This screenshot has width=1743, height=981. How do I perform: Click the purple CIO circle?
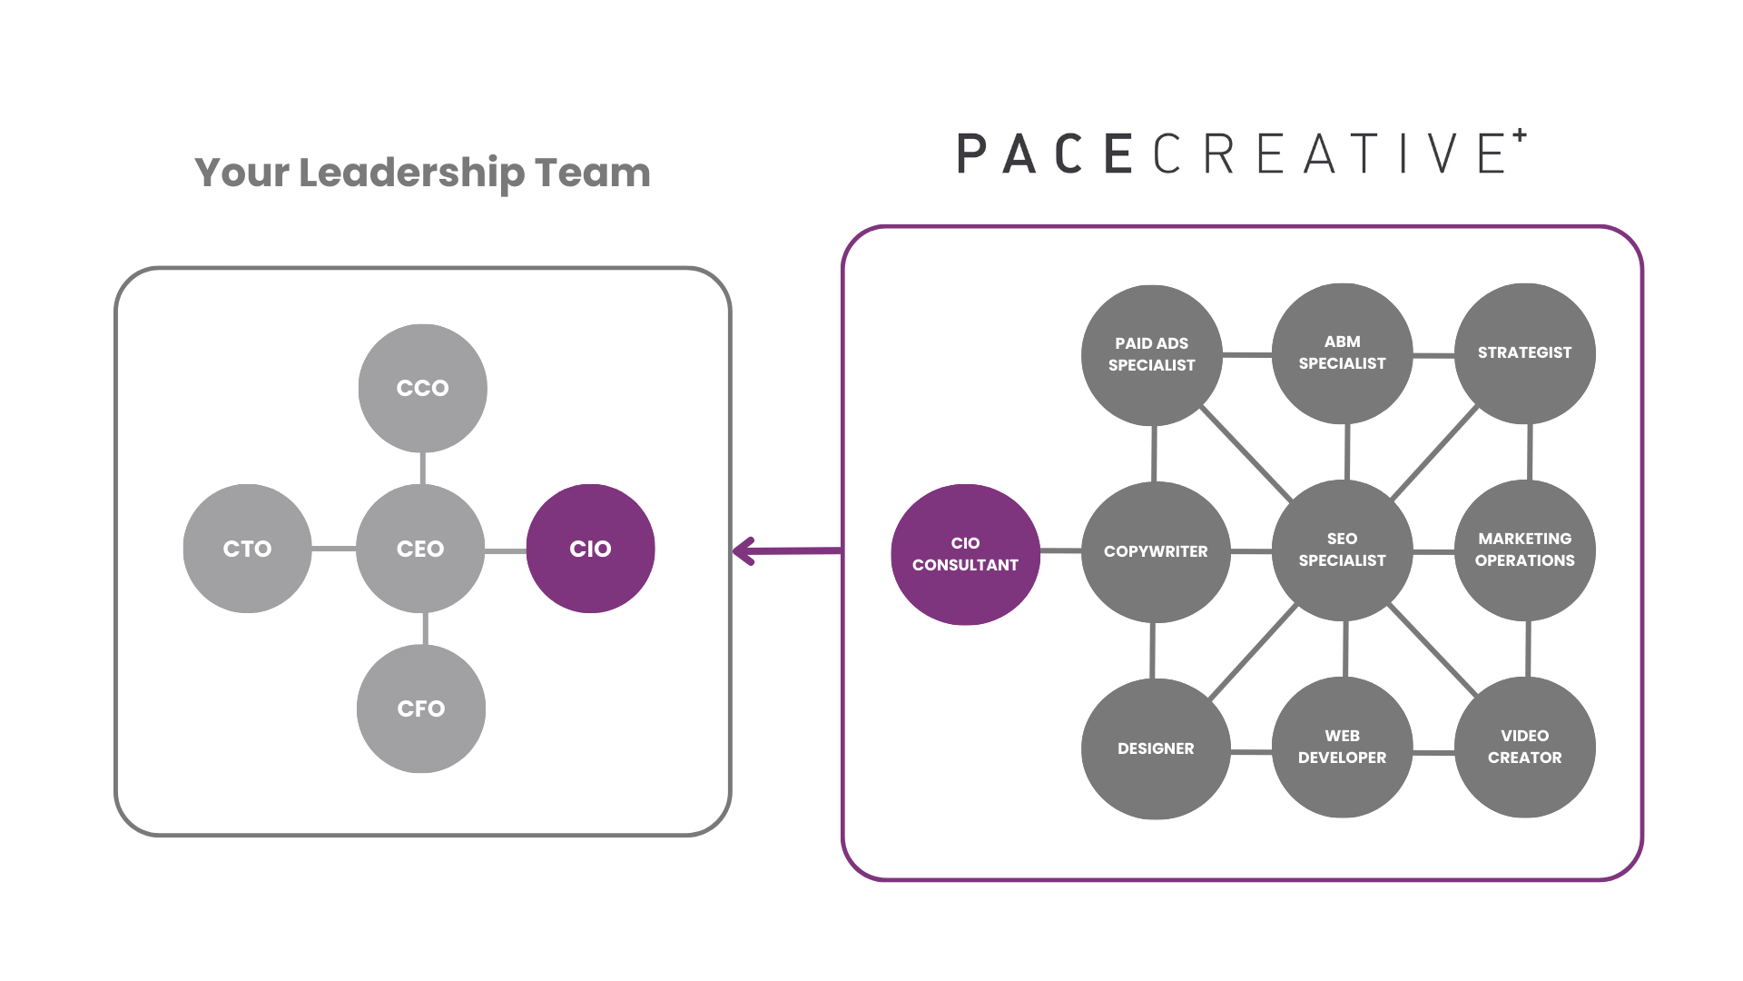coord(591,549)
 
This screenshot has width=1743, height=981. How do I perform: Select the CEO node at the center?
coord(420,549)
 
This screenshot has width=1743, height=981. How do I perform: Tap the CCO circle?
coord(423,388)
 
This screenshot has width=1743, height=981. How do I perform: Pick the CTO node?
coord(247,549)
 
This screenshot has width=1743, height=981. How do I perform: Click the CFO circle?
coord(421,708)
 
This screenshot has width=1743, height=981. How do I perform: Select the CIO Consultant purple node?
coord(965,554)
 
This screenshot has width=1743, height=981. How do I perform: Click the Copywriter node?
coord(1156,551)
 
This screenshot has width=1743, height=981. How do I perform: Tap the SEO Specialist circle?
coord(1343,550)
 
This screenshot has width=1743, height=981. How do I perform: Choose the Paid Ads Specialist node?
coord(1152,354)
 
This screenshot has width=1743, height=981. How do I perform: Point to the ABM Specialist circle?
coord(1343,353)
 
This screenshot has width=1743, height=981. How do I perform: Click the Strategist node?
coord(1525,353)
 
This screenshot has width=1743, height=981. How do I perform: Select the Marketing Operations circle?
coord(1525,550)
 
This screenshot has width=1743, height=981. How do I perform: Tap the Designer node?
coord(1156,748)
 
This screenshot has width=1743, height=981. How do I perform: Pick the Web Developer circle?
coord(1343,747)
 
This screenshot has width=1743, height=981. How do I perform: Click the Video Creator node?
coord(1525,747)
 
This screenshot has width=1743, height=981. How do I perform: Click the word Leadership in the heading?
coord(411,173)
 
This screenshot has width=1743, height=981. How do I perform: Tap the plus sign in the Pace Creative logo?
coord(1520,135)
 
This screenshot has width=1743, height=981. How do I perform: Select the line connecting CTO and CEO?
coord(334,549)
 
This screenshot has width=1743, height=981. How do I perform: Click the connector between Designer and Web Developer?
coord(1251,751)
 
